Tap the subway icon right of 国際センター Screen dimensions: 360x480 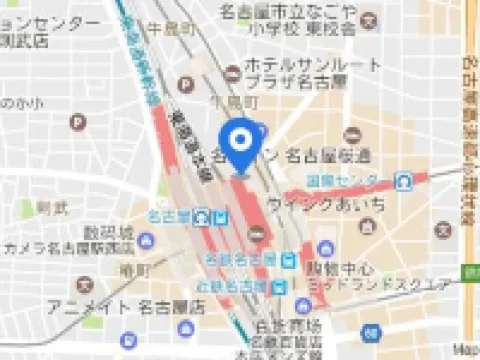coord(404,181)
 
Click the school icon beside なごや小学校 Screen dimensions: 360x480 coord(372,19)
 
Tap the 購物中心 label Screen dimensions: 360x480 coord(339,269)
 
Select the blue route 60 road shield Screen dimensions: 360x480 coord(371,331)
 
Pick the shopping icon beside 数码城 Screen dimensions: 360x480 coord(146,240)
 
